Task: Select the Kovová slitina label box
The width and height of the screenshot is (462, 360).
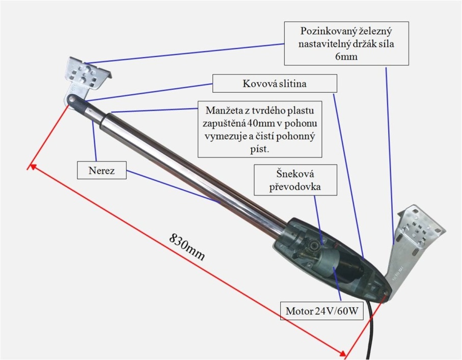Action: coord(275,84)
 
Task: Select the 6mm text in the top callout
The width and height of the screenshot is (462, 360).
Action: coord(346,57)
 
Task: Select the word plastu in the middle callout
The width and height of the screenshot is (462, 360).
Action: coord(302,110)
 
